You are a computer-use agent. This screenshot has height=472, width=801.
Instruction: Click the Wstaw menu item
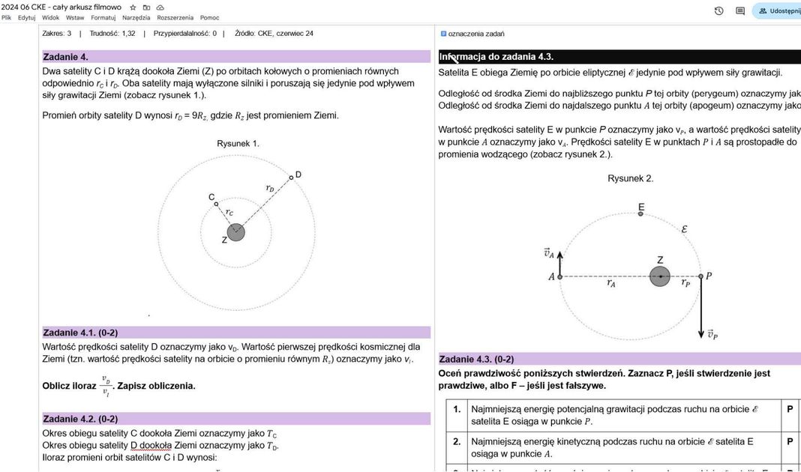click(75, 17)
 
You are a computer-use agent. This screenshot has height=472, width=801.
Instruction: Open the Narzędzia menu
click(136, 17)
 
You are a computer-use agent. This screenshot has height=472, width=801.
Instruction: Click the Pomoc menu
click(210, 17)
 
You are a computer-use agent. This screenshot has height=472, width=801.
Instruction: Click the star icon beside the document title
click(133, 7)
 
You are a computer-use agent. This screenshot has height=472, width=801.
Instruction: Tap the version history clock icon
click(718, 11)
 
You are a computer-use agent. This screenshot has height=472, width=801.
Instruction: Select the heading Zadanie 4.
click(66, 57)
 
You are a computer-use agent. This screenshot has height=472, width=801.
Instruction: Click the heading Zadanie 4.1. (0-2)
click(80, 333)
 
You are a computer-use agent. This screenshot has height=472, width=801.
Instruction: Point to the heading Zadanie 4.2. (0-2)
click(80, 419)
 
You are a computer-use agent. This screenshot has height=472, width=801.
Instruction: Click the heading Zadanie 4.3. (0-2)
click(476, 359)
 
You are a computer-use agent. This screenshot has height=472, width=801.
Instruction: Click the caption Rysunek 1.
click(238, 143)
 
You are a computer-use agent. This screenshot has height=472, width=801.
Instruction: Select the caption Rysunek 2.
click(630, 178)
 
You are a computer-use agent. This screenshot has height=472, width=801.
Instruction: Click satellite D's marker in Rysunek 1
click(291, 178)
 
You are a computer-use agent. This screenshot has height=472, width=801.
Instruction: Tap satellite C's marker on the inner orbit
click(216, 204)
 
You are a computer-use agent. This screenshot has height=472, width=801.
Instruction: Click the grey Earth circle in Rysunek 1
click(236, 232)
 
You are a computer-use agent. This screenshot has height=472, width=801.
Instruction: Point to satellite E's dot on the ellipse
click(640, 214)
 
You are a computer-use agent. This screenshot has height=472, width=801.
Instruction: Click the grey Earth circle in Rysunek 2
click(660, 276)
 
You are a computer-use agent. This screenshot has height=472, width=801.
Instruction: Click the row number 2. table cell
click(457, 442)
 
